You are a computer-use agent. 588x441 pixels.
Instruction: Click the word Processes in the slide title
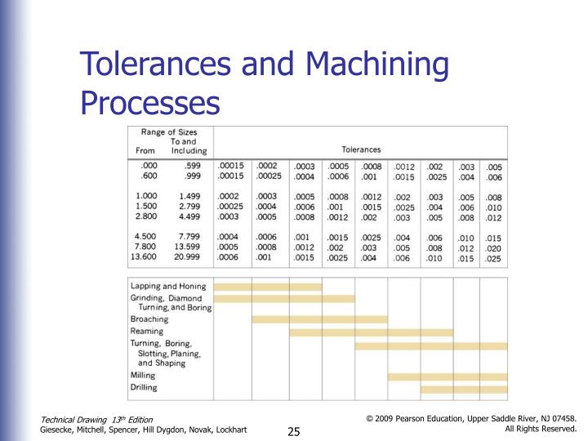pos(150,104)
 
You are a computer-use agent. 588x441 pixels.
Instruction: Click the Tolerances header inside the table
pos(361,149)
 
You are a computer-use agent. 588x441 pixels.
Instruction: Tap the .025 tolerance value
pos(493,259)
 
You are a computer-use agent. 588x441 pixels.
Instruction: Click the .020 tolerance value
pos(493,248)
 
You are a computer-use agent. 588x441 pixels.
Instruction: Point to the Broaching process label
pos(149,320)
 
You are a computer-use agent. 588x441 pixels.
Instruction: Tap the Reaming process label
pos(147,332)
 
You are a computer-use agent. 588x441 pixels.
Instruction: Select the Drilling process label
pos(144,388)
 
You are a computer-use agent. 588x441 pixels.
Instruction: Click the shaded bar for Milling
pos(447,376)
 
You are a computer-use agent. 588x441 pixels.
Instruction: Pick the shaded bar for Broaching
pos(319,319)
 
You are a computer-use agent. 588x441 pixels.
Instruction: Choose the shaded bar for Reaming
pos(371,332)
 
